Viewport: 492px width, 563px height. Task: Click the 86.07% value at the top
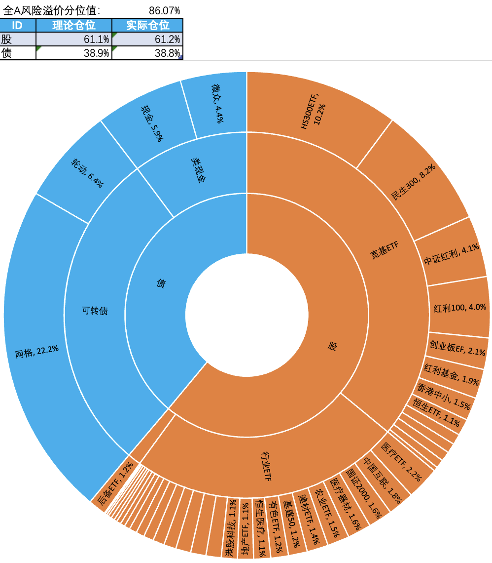pos(164,10)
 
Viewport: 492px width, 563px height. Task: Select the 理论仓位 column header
pos(74,26)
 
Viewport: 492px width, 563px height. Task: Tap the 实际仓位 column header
pos(147,26)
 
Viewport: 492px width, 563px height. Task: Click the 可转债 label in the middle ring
pos(94,311)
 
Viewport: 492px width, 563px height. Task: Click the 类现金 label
pos(197,170)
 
